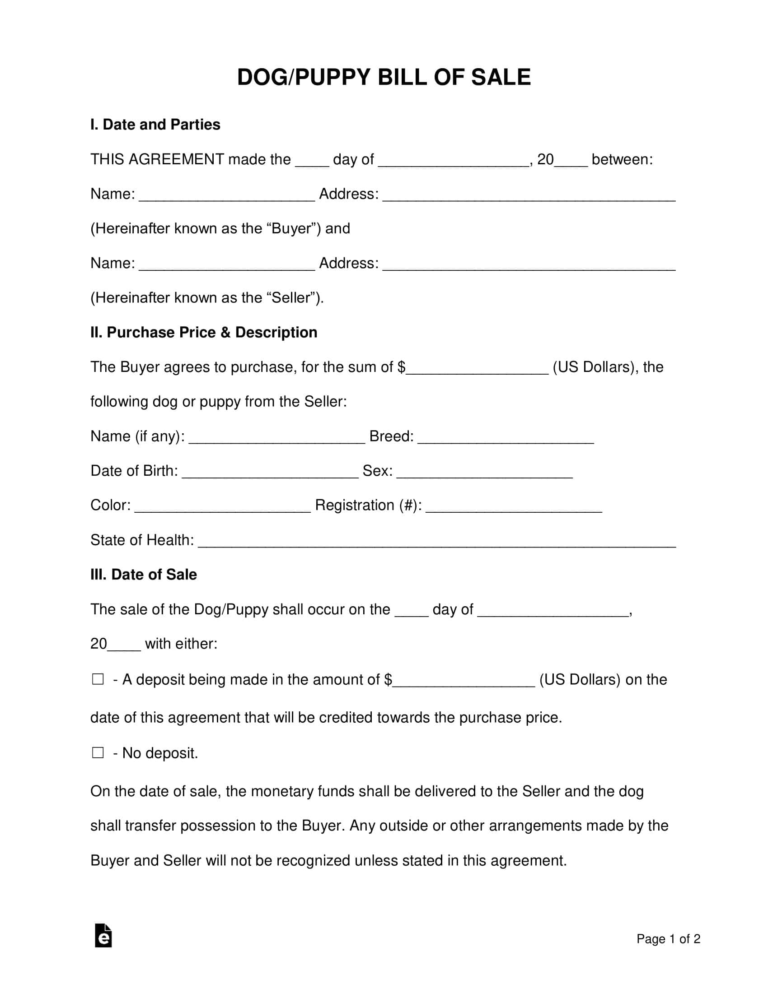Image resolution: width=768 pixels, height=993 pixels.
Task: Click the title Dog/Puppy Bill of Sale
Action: coord(384,77)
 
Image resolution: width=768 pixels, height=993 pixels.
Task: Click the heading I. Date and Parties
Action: coord(155,125)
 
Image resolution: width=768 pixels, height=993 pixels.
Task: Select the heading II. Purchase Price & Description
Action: coord(203,332)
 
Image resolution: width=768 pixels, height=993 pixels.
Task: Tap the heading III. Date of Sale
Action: coord(143,575)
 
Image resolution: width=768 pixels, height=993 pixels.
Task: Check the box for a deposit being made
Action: coord(98,679)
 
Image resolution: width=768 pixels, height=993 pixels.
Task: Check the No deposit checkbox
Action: coord(98,752)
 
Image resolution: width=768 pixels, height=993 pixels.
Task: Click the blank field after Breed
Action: coord(506,437)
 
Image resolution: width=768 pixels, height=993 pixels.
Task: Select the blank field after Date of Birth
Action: coord(270,472)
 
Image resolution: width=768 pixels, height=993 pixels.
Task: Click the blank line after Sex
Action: coord(485,472)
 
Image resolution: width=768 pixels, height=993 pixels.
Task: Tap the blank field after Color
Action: coord(223,506)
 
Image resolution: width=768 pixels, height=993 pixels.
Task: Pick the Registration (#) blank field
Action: coord(514,506)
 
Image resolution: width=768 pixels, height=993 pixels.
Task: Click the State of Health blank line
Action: coord(437,541)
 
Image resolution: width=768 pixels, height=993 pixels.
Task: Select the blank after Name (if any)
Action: coord(276,437)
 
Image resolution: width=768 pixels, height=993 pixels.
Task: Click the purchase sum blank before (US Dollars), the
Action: coord(477,368)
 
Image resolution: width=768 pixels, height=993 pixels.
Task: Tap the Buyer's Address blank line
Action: coord(529,195)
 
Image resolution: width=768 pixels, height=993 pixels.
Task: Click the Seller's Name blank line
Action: coord(227,264)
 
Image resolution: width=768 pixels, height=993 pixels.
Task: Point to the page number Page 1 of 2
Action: coord(668,939)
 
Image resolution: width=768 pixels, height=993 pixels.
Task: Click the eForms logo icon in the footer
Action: coord(103,936)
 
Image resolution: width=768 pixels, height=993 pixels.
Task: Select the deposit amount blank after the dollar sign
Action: coord(464,680)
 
